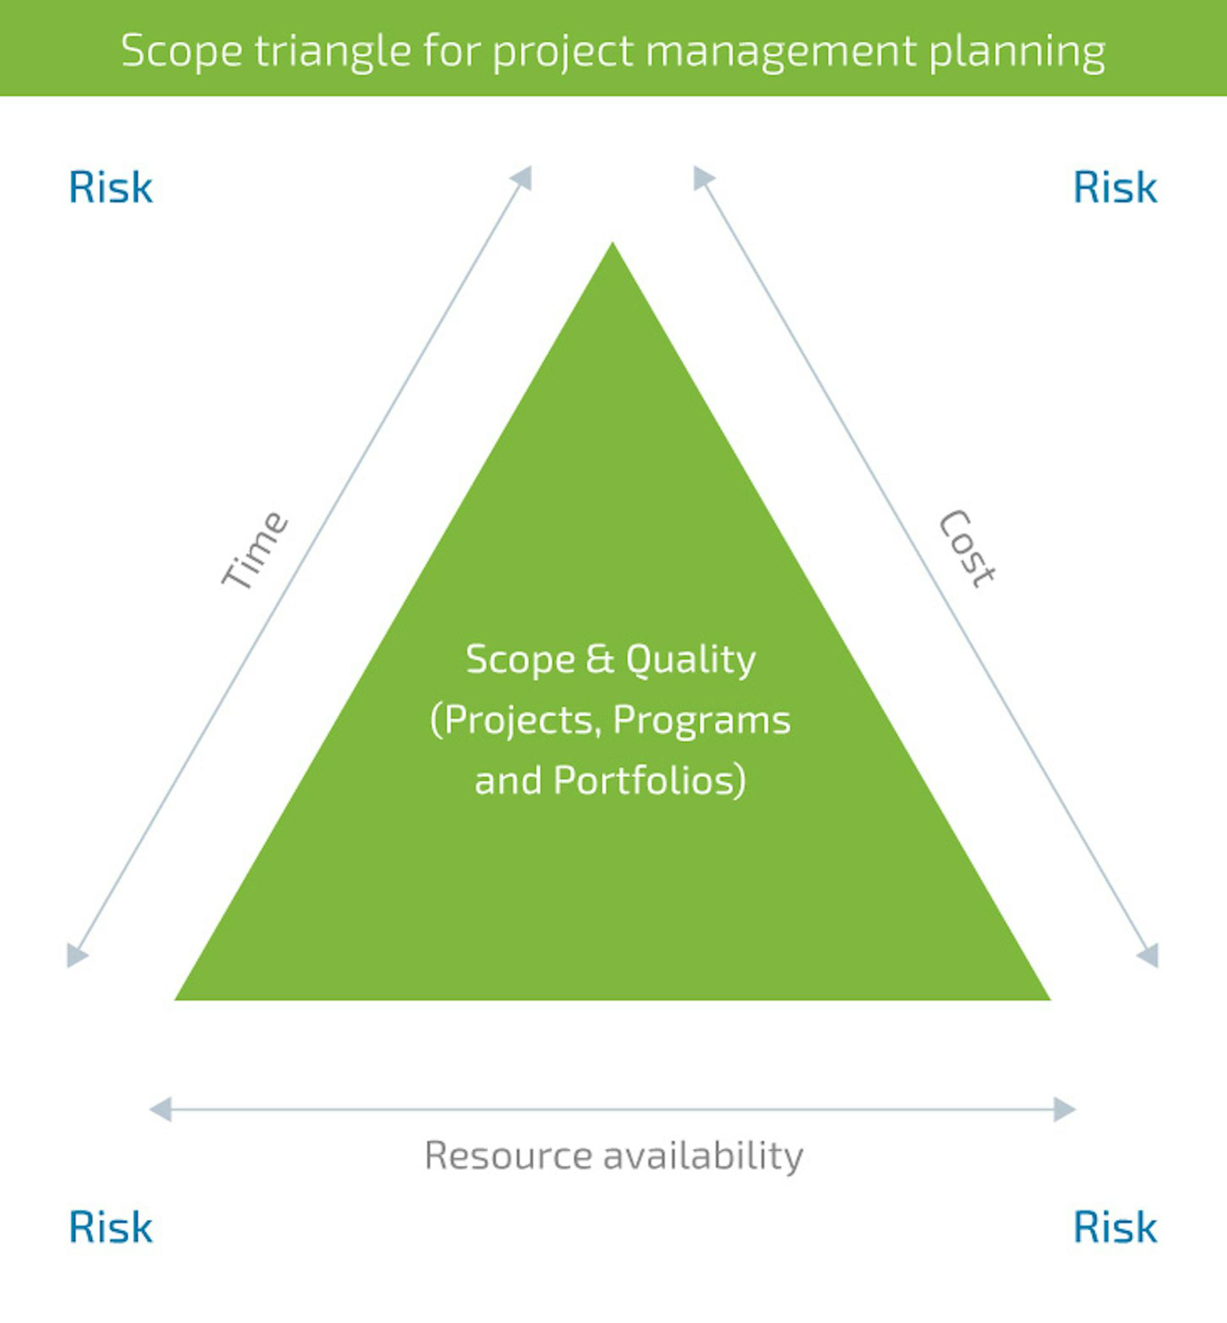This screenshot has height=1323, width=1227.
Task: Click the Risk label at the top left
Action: pos(111,187)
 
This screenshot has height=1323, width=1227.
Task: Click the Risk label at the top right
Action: pos(1115,187)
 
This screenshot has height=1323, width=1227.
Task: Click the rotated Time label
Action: pos(254,549)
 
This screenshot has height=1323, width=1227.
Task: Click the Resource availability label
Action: pos(613,1156)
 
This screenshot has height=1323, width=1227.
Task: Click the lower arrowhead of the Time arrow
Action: pos(75,956)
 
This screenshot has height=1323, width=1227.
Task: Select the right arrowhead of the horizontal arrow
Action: pos(1065,1109)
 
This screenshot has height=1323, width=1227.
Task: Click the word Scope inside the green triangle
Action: pos(521,660)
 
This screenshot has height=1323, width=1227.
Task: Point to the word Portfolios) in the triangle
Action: pos(650,780)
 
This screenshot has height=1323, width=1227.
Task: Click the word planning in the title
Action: pos(1017,51)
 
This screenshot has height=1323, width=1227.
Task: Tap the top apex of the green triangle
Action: pos(612,242)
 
